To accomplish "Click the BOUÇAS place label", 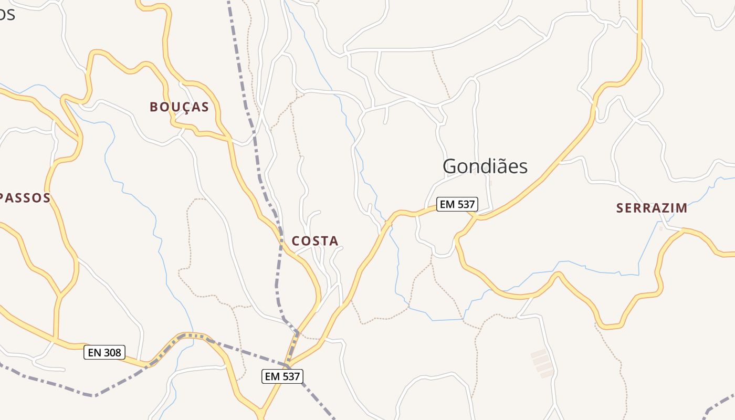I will pyautogui.click(x=180, y=107).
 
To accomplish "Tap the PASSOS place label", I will pyautogui.click(x=25, y=198).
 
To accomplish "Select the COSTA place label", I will pyautogui.click(x=315, y=241).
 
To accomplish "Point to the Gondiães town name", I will pyautogui.click(x=485, y=166).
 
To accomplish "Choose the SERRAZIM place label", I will pyautogui.click(x=652, y=208).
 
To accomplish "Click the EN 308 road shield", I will pyautogui.click(x=104, y=352).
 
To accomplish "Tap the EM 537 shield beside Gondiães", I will pyautogui.click(x=457, y=204).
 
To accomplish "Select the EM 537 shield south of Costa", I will pyautogui.click(x=282, y=376).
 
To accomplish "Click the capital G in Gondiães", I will pyautogui.click(x=450, y=166).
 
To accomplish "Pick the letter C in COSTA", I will pyautogui.click(x=296, y=241).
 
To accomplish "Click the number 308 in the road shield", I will pyautogui.click(x=112, y=352).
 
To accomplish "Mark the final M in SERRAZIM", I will pyautogui.click(x=681, y=208).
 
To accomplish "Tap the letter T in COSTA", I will pyautogui.click(x=324, y=241).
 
